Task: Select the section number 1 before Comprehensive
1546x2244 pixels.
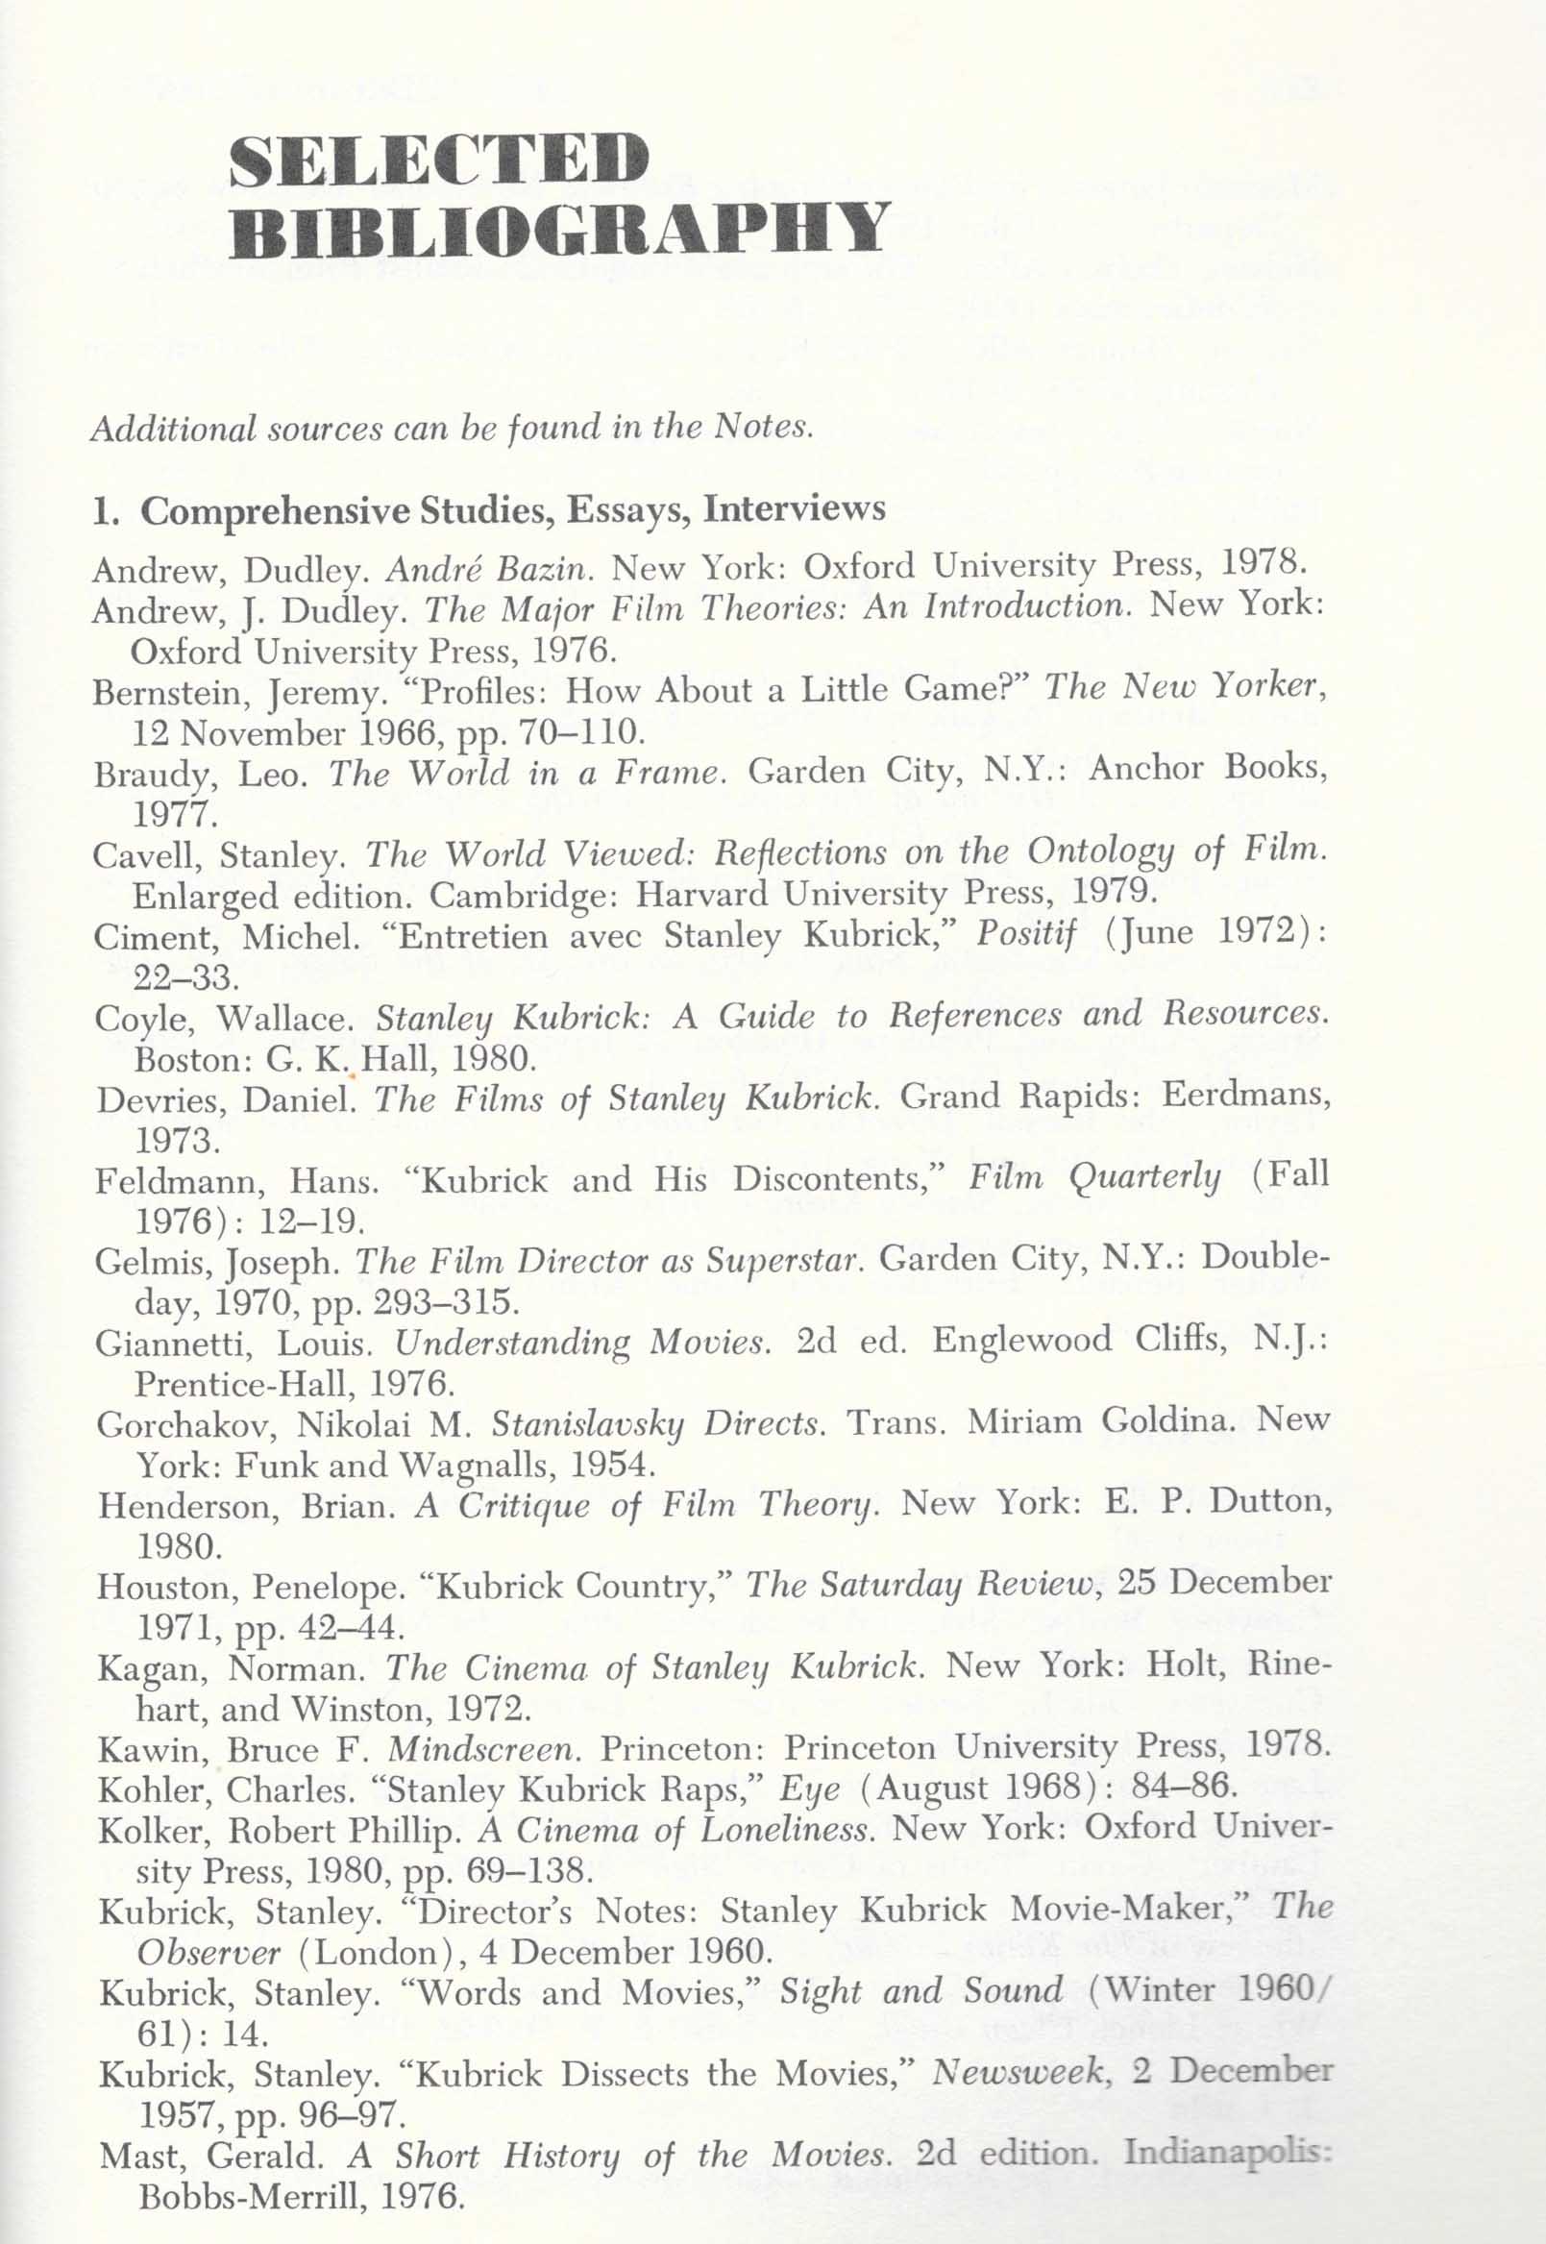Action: (100, 510)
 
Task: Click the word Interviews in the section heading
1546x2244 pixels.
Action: (795, 508)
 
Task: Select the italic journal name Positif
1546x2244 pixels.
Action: (1026, 935)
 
